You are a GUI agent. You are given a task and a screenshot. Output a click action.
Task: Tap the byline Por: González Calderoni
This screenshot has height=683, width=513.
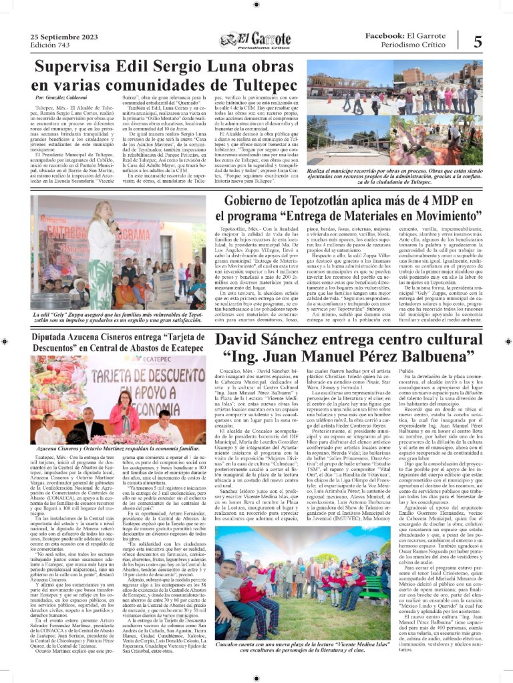coord(64,97)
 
